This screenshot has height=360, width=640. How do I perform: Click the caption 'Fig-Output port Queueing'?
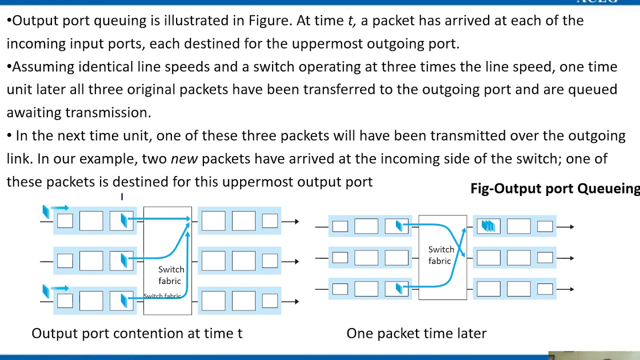point(554,188)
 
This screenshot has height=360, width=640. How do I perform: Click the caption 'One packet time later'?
point(416,333)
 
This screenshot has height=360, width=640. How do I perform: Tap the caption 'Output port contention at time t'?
point(137,333)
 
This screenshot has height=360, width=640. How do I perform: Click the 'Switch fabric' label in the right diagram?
point(440,255)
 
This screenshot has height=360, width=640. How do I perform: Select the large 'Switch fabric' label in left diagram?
point(170,275)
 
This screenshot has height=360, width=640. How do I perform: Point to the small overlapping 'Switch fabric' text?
point(162,296)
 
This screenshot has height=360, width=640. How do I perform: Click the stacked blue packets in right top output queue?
point(488,226)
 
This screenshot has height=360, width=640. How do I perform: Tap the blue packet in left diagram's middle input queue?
point(124,260)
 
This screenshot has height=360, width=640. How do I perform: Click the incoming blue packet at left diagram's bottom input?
point(46,291)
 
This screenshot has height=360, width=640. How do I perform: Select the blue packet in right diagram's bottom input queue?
point(398,288)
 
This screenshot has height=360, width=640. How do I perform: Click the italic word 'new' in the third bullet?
point(184,159)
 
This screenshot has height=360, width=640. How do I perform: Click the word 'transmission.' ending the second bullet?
point(107,113)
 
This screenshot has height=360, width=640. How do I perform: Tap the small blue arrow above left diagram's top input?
point(59,207)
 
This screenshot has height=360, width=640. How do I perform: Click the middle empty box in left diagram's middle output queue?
point(243,260)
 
